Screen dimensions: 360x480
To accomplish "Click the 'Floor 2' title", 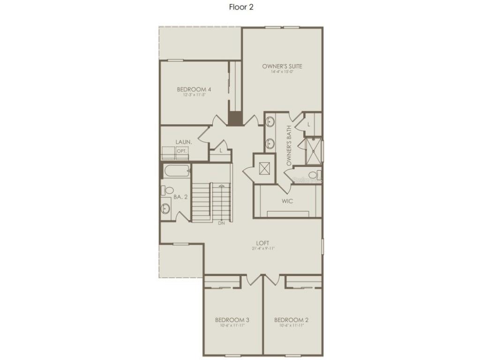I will (x=241, y=7).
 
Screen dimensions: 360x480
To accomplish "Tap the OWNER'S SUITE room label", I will (x=282, y=67).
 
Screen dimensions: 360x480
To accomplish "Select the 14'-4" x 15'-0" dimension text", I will (x=282, y=72).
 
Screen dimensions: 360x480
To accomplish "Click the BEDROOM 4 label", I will (x=194, y=89).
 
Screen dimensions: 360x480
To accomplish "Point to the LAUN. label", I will (x=183, y=142).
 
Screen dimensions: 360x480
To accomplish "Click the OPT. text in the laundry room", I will (x=181, y=151).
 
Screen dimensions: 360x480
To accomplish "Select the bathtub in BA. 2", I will (x=177, y=170).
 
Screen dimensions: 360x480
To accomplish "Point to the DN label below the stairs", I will (x=221, y=223).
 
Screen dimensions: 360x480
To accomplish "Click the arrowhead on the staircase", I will (x=222, y=187).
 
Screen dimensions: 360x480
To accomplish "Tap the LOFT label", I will (x=262, y=243).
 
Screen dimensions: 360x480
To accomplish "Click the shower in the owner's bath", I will (x=313, y=150).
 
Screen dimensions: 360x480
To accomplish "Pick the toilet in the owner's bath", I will (x=314, y=175).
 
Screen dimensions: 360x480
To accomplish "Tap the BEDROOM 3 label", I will (x=232, y=320).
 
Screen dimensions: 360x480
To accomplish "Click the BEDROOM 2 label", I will (x=292, y=320).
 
